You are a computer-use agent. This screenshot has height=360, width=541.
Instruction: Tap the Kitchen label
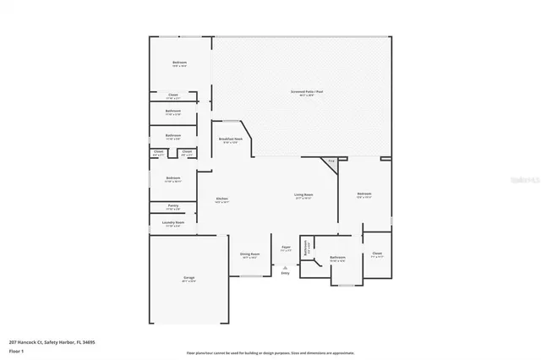click(221, 199)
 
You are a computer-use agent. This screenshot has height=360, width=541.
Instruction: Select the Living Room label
click(303, 194)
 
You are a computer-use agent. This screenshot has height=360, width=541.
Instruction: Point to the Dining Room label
click(250, 254)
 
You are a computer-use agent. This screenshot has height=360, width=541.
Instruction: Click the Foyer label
click(287, 248)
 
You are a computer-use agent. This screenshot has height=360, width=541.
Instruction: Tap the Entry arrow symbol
click(285, 267)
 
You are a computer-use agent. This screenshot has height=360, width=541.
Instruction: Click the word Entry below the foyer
click(285, 273)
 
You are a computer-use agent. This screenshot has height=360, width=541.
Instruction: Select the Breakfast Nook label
click(231, 139)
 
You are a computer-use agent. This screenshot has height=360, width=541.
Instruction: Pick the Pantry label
click(172, 205)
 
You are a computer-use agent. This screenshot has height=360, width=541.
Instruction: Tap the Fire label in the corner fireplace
click(332, 161)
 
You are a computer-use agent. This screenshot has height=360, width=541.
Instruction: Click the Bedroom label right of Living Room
click(364, 194)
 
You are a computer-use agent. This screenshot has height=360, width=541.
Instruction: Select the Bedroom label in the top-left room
click(180, 63)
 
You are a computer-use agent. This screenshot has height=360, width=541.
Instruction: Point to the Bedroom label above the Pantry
click(172, 177)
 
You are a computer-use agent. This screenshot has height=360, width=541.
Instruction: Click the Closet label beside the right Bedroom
click(377, 254)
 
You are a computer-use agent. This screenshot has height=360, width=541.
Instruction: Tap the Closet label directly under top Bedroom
click(172, 95)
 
